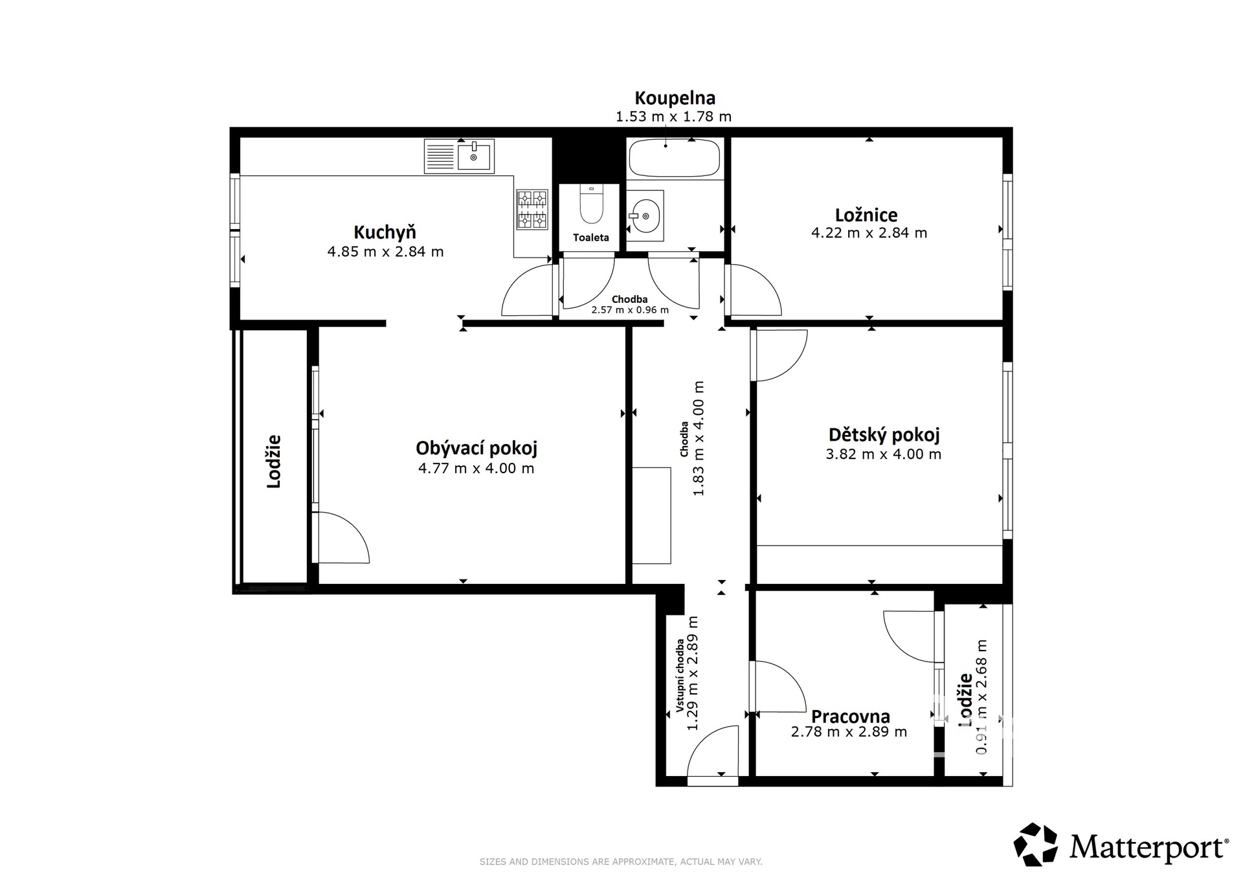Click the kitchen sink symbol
[x=459, y=156]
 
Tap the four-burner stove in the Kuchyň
[x=532, y=209]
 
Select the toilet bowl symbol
[x=590, y=205]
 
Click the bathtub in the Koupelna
[x=674, y=158]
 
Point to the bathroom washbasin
[x=645, y=216]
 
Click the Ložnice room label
[x=866, y=215]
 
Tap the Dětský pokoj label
[x=884, y=434]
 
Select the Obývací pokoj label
[x=476, y=448]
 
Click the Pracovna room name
[x=851, y=717]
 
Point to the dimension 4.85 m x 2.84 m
[x=385, y=252]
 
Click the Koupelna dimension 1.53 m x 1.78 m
[x=673, y=117]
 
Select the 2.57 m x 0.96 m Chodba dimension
[x=630, y=310]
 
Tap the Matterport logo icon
[x=1036, y=844]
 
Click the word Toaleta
[x=591, y=238]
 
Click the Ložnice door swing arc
[x=754, y=289]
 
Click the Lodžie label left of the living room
[x=274, y=461]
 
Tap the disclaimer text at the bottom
[x=621, y=862]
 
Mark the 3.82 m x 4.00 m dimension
[x=883, y=454]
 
